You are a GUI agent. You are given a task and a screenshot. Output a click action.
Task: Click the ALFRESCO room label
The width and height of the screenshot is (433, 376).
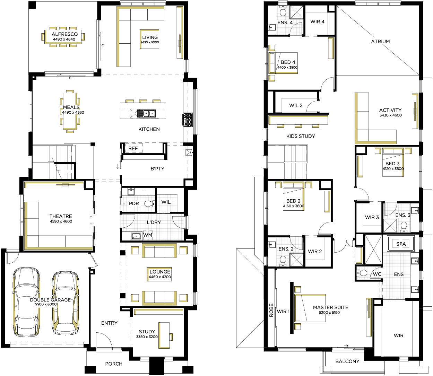(64, 34)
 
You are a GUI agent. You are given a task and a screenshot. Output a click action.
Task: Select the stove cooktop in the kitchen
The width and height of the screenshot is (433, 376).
(187, 120)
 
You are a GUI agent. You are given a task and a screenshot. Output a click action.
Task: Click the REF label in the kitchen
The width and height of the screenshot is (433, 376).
(133, 148)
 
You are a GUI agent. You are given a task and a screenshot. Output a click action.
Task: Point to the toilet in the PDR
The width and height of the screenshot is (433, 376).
(149, 204)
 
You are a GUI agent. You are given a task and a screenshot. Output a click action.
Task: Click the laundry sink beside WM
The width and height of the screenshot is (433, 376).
(136, 236)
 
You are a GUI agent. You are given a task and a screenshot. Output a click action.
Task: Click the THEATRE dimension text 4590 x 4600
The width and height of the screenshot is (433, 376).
(61, 221)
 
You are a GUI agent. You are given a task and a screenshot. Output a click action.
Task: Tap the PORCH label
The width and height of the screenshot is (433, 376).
(114, 364)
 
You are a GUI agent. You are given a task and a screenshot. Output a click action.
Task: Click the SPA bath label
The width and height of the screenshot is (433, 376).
(401, 244)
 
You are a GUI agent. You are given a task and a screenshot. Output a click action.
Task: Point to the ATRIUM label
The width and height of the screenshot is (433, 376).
(380, 42)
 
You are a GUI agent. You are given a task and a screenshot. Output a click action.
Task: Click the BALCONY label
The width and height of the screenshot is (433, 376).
(347, 361)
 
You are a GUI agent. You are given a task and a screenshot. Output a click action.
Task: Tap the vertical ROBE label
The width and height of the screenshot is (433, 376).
(271, 310)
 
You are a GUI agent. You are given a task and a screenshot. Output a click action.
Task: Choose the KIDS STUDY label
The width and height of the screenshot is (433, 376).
(301, 136)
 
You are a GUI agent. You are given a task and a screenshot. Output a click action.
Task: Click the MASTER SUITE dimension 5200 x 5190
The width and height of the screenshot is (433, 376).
(329, 313)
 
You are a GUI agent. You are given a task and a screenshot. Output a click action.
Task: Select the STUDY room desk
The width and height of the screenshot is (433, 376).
(164, 335)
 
